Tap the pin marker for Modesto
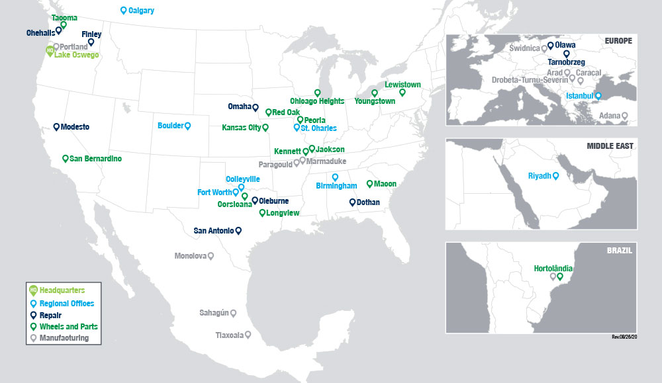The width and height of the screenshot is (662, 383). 56,126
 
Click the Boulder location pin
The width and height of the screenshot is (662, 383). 187,125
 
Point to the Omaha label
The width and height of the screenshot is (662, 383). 238,106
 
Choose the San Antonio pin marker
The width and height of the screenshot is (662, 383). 238,230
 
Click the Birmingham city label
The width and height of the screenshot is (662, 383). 336,186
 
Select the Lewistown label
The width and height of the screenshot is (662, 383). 402,85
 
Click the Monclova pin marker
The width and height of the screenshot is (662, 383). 211,255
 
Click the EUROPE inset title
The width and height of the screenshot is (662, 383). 618,41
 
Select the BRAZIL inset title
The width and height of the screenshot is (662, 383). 620,251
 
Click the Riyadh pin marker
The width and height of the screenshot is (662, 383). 555,175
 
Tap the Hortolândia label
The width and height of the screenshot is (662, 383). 553,269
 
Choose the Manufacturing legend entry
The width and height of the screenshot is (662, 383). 64,338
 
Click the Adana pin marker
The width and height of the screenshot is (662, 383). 624,115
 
